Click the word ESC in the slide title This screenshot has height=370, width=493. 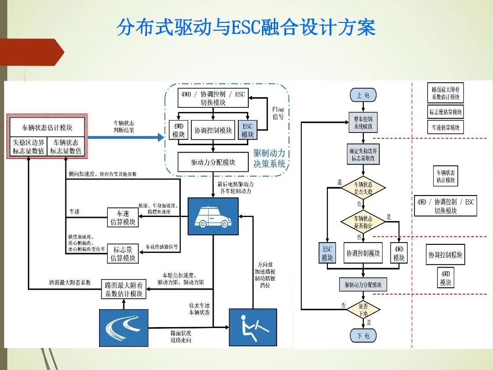point(245,27)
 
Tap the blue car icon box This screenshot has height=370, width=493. point(213,216)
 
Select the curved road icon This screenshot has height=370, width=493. point(124,328)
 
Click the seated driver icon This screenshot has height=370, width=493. point(252,328)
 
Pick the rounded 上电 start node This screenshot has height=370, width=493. point(363,95)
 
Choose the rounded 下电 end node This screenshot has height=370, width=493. point(363,336)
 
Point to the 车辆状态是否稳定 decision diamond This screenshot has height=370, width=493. point(363,222)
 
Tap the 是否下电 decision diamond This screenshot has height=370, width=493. point(363,310)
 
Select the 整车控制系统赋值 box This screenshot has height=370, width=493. point(363,122)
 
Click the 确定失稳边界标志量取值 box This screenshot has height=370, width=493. point(363,154)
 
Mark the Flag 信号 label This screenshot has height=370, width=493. point(278,113)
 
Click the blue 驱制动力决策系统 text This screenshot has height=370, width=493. point(269,159)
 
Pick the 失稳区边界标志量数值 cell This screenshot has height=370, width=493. point(28,147)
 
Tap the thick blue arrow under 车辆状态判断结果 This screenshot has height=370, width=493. point(126,137)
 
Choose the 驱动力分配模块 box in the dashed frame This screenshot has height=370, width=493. point(213,162)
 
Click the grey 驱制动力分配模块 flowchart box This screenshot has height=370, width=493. point(363,285)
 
